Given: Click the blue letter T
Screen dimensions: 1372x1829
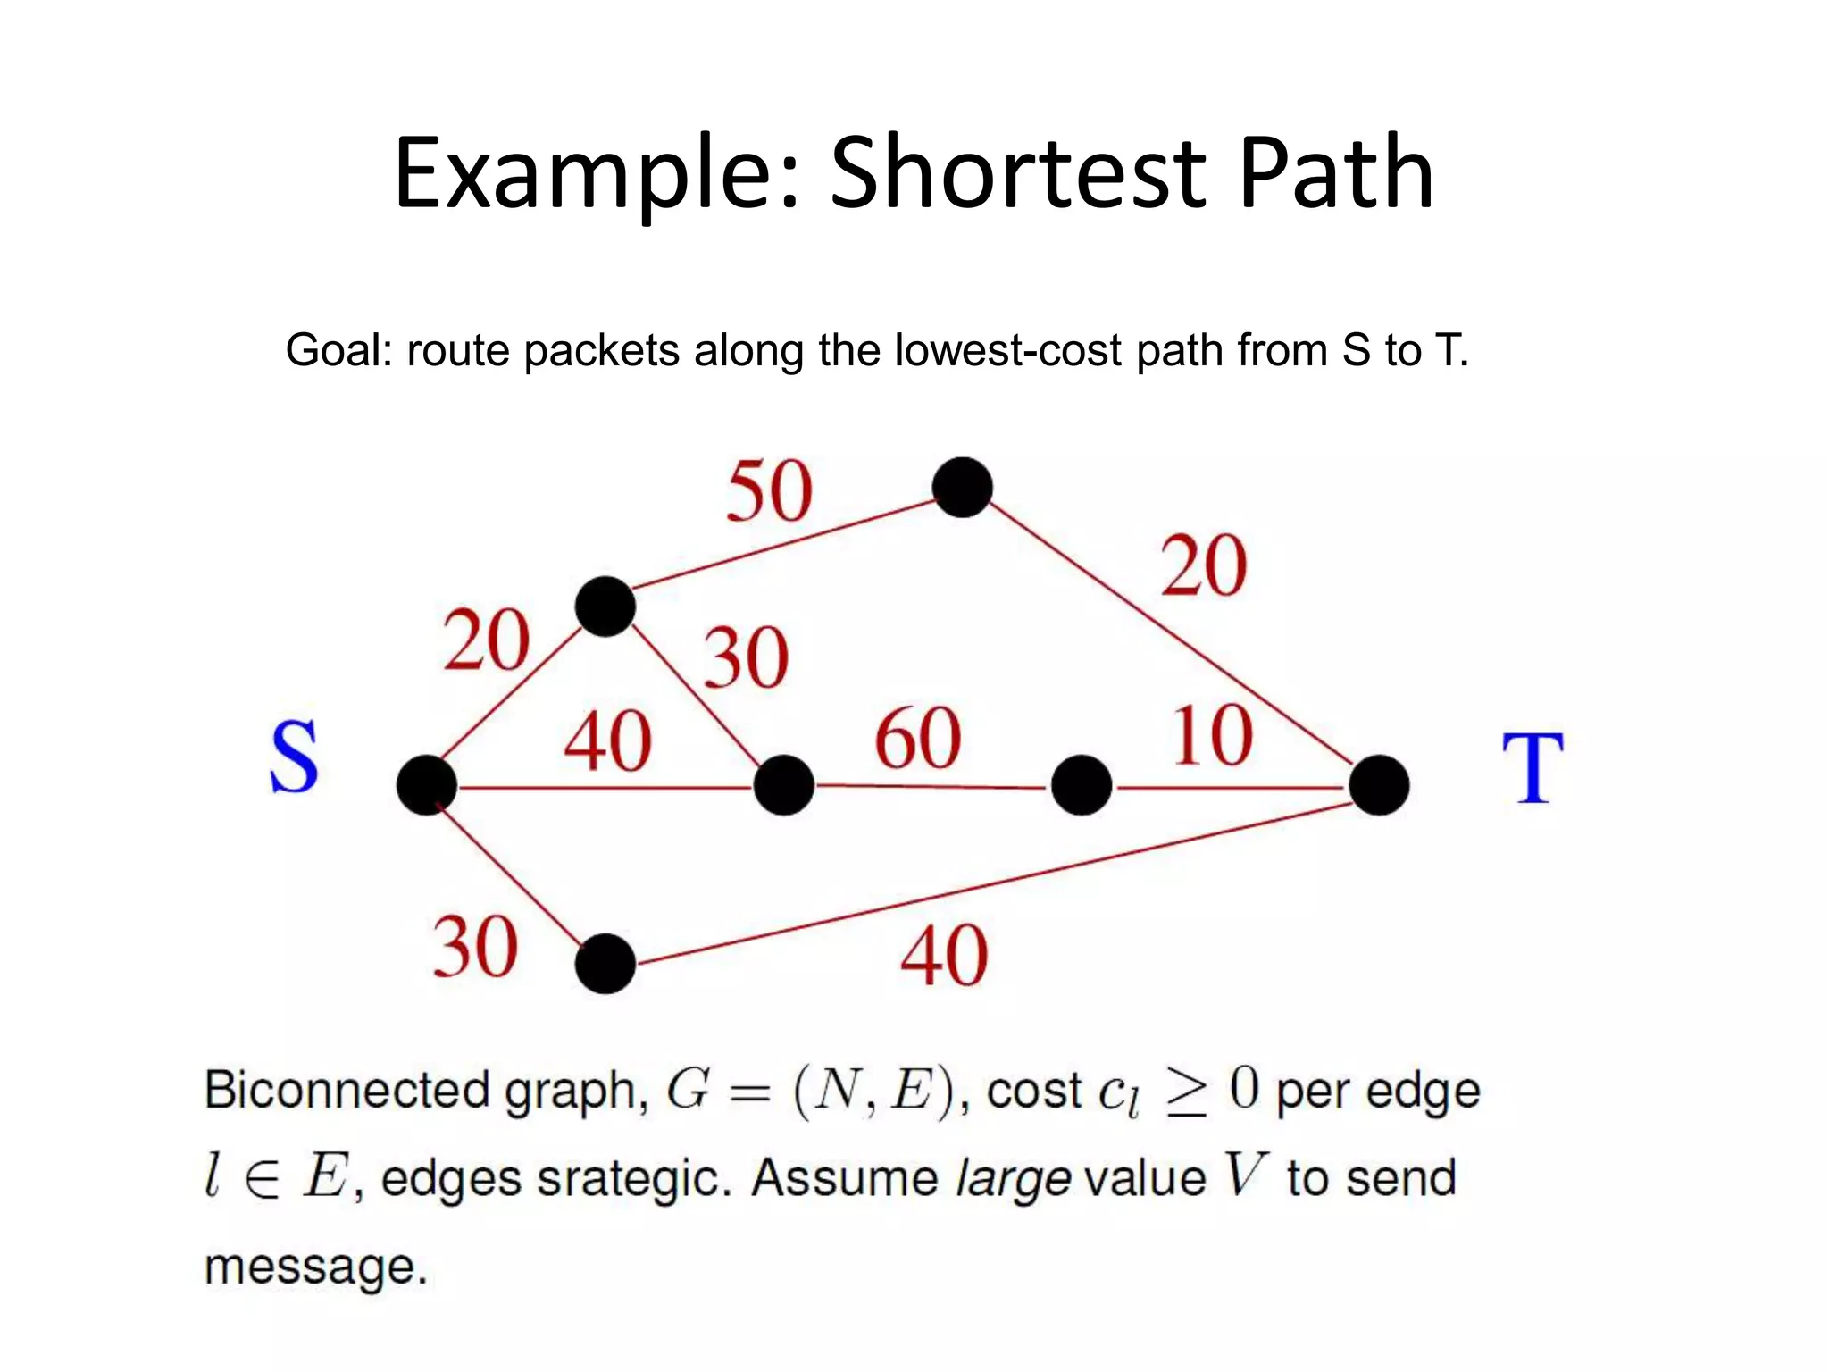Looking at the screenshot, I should [1533, 768].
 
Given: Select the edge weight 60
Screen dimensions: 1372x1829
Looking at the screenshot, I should [917, 739].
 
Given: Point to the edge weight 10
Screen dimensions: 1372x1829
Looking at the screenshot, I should [1212, 736].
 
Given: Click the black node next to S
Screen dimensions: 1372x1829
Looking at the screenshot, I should [427, 785].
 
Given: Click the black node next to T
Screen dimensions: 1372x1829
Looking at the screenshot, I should [1379, 785].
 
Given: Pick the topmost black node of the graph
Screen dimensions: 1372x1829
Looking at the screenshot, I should [962, 487].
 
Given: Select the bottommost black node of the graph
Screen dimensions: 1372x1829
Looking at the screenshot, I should [605, 964].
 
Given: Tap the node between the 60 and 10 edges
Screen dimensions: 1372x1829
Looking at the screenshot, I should [1082, 785].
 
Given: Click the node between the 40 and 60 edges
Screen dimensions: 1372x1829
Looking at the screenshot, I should [784, 785].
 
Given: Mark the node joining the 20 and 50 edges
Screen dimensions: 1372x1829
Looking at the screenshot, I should [605, 607].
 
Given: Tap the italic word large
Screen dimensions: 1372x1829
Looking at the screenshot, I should [1013, 1180].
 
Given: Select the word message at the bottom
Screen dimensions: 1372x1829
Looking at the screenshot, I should [315, 1267].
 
